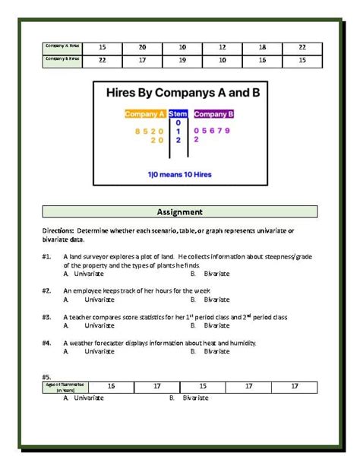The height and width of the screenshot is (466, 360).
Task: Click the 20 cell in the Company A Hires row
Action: [x=142, y=47]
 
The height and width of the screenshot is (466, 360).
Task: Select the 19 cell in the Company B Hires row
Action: [x=182, y=59]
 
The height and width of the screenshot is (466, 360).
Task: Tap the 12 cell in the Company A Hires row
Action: [x=222, y=47]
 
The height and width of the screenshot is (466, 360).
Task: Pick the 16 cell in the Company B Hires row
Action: [x=262, y=59]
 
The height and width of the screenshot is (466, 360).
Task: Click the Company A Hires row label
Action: [x=62, y=46]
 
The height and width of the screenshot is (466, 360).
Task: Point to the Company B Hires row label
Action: [x=62, y=59]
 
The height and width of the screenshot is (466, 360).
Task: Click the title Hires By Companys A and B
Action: [x=180, y=93]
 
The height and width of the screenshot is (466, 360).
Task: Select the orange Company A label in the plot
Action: [x=145, y=114]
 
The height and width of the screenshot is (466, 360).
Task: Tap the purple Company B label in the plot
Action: [x=213, y=114]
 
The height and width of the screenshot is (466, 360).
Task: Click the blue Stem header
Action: [x=179, y=114]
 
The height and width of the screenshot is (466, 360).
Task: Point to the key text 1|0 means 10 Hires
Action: [x=180, y=174]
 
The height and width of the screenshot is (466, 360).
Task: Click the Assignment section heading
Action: [x=180, y=211]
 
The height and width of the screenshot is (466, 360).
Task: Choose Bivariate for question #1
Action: [x=216, y=274]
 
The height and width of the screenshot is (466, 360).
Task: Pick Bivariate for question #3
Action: [x=216, y=325]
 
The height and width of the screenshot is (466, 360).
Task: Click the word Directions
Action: [x=58, y=230]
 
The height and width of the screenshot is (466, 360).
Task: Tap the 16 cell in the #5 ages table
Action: [x=111, y=386]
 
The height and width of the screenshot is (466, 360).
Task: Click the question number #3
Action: [x=47, y=317]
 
